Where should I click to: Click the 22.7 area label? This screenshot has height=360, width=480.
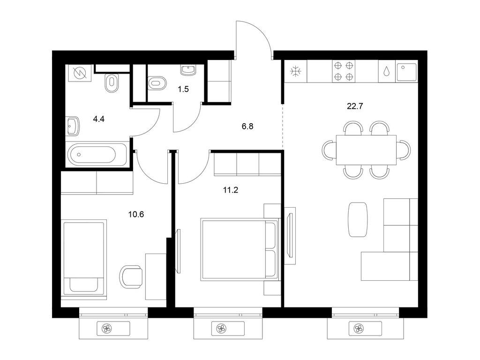click(x=355, y=106)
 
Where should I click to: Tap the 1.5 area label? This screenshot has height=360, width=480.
click(x=183, y=90)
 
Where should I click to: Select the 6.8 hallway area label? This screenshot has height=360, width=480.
click(x=247, y=126)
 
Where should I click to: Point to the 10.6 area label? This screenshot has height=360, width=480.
click(x=136, y=214)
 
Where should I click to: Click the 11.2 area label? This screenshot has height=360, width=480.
click(x=231, y=190)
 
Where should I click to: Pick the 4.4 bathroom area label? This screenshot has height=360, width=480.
click(x=98, y=119)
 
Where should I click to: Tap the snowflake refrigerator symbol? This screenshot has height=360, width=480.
click(x=296, y=72)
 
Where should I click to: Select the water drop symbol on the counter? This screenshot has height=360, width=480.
click(x=387, y=71)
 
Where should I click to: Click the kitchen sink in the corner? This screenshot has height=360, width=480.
click(x=406, y=72)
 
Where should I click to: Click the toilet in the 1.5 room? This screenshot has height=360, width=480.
click(x=157, y=82)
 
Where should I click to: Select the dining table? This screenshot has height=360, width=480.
click(x=366, y=150)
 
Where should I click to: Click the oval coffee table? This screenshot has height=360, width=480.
click(x=358, y=219)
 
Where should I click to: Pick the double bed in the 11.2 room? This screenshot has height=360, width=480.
click(x=240, y=249)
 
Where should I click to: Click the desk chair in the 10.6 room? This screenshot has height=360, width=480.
click(x=132, y=277)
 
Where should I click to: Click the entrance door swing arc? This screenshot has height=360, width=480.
click(x=261, y=31)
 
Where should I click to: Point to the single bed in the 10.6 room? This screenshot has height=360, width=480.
click(x=84, y=259)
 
